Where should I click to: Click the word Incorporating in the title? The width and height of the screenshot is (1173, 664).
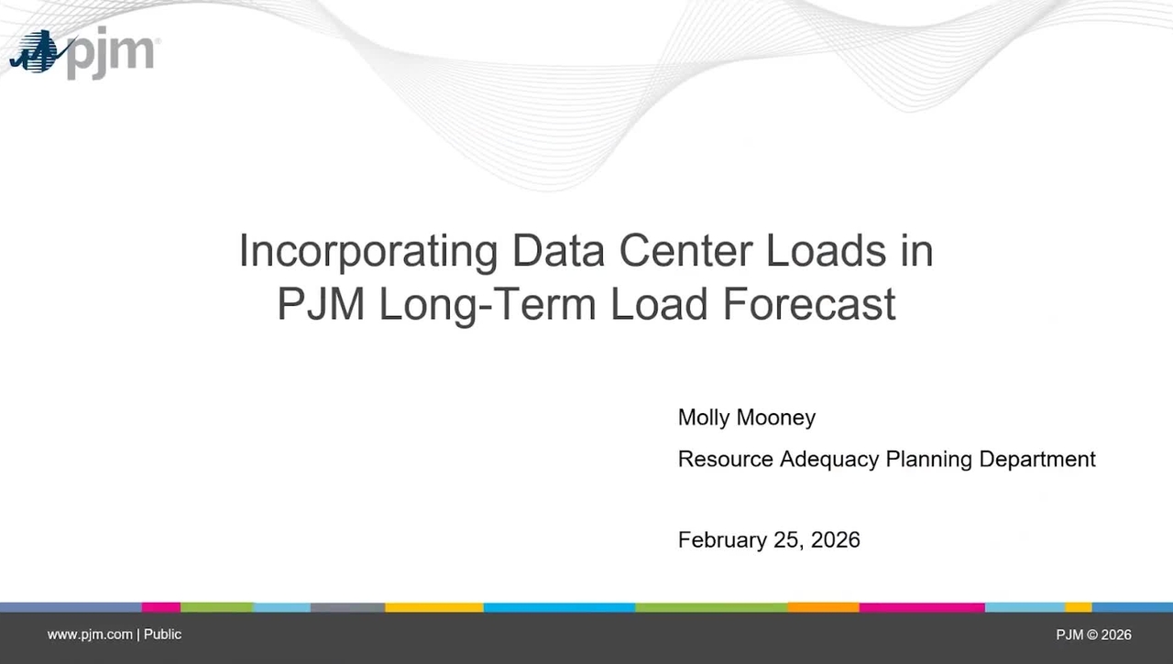[368, 251]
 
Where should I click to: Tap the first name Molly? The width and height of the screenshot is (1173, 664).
[704, 418]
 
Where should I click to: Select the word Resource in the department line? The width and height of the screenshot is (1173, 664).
[725, 459]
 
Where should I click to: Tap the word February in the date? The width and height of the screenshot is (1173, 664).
[718, 540]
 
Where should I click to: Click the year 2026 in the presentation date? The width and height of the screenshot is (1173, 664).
[836, 540]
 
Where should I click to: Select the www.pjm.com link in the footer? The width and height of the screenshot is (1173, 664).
[90, 635]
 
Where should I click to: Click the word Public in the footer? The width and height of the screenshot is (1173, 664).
[162, 635]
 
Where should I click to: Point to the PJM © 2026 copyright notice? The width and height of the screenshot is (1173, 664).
[1093, 635]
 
